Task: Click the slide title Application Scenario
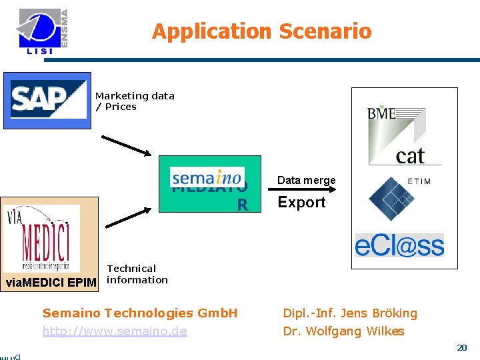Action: [x=261, y=31]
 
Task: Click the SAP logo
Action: [x=48, y=99]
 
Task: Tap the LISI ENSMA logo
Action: [x=43, y=31]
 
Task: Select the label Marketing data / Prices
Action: [x=134, y=101]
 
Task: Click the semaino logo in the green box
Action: [x=206, y=177]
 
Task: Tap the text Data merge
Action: [x=306, y=181]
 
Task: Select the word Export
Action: [x=301, y=203]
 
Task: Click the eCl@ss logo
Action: [x=399, y=245]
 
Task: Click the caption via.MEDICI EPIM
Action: [x=51, y=282]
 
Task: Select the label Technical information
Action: [x=137, y=274]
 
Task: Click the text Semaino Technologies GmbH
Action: [x=139, y=313]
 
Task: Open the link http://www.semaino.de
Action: [x=115, y=331]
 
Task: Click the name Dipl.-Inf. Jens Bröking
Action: [x=350, y=313]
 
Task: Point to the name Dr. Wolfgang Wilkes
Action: [x=343, y=331]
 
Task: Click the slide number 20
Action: [x=461, y=347]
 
